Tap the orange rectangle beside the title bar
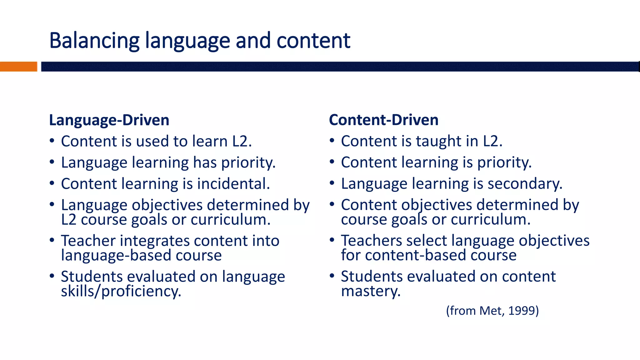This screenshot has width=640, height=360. click(x=18, y=67)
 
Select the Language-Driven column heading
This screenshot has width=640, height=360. click(x=109, y=120)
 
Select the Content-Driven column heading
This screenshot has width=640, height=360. click(x=383, y=120)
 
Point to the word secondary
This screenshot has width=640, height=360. click(x=525, y=184)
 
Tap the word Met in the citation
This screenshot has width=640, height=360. click(x=492, y=311)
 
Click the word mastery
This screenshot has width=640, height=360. click(x=371, y=291)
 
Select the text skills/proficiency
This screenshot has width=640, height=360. click(x=121, y=292)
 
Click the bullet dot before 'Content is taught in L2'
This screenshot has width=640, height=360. click(x=332, y=140)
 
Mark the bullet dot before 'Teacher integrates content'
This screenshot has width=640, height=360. click(x=52, y=240)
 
